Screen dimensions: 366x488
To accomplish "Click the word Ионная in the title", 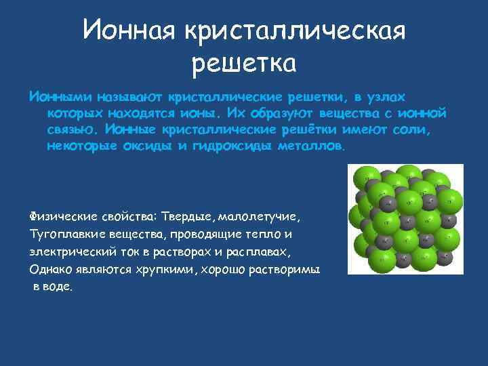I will tap(125, 30).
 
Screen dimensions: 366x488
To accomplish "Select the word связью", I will tap(73, 129).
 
